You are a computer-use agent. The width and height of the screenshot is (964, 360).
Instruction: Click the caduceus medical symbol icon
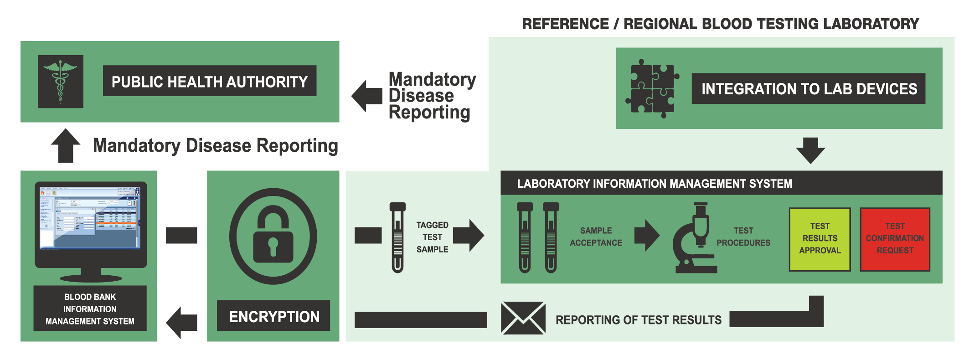click(x=60, y=82)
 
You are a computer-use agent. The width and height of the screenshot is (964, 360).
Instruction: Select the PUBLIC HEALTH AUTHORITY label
click(x=209, y=81)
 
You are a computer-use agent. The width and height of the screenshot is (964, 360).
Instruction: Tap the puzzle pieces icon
click(x=652, y=88)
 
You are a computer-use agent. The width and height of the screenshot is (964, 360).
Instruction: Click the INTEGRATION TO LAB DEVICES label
click(x=809, y=89)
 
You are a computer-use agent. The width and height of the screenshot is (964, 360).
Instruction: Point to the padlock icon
click(x=273, y=236)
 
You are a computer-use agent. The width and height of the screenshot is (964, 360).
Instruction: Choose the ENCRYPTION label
click(x=274, y=316)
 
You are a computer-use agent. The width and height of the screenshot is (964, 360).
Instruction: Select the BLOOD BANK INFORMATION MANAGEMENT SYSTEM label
click(x=90, y=309)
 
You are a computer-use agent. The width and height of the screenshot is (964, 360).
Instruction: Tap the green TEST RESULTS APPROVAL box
click(x=820, y=239)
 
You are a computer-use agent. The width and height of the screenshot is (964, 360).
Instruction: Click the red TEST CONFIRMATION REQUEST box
click(x=895, y=239)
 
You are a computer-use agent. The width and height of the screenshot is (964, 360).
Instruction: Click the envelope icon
click(x=523, y=318)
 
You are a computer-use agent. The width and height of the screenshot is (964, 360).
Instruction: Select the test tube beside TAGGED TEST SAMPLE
click(x=397, y=237)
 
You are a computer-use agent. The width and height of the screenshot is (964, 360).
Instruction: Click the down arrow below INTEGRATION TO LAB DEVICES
click(x=810, y=150)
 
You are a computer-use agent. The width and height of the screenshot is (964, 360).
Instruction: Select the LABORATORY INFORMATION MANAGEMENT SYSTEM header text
click(x=655, y=184)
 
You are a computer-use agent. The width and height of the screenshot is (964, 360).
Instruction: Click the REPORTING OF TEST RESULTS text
click(x=638, y=320)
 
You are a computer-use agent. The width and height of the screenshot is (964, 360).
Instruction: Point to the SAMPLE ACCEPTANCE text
click(x=596, y=237)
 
